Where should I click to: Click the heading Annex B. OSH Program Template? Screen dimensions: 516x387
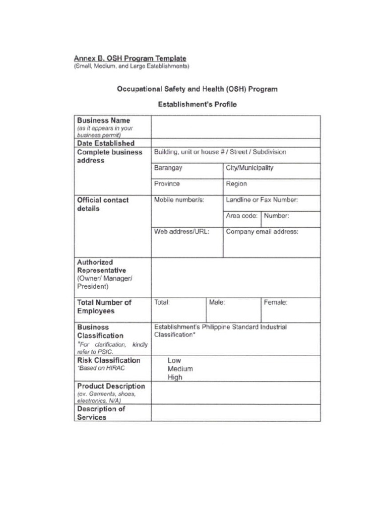click(x=130, y=58)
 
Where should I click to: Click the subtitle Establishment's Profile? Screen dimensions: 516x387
click(x=197, y=105)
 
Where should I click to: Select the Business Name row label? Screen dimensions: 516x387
click(x=103, y=120)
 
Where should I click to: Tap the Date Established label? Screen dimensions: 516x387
click(x=105, y=143)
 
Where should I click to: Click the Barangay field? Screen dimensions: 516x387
click(x=187, y=171)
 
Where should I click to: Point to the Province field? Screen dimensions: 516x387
click(x=187, y=187)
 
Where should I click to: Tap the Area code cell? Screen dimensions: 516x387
click(x=242, y=219)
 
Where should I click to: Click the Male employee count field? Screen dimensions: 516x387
click(x=233, y=310)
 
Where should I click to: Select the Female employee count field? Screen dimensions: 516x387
click(x=290, y=310)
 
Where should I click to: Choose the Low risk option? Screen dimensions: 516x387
click(x=174, y=361)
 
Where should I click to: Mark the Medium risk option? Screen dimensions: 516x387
click(x=180, y=369)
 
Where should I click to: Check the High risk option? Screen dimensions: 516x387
click(x=175, y=377)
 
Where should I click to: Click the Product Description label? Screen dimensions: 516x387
click(x=111, y=386)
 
